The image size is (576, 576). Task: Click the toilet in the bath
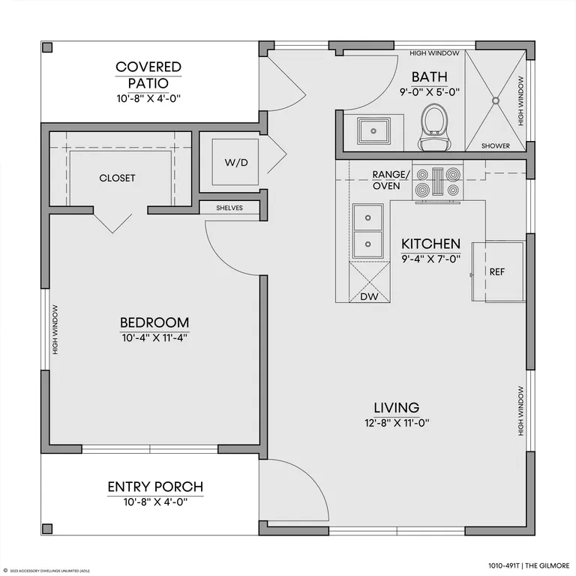click(x=435, y=127)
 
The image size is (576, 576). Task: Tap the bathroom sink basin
click(x=373, y=131)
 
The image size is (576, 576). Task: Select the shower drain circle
click(x=496, y=100)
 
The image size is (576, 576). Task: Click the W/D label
click(x=236, y=162)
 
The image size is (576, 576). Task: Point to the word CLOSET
click(x=117, y=178)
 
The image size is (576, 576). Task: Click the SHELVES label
click(x=229, y=208)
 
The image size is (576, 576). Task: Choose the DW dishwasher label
click(x=369, y=297)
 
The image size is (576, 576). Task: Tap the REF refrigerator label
click(x=497, y=271)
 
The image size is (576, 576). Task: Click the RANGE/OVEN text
click(x=391, y=180)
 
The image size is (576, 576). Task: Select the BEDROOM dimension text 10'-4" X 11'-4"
click(x=154, y=337)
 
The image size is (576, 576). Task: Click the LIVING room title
click(x=396, y=407)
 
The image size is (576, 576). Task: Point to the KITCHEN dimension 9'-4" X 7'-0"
click(x=431, y=259)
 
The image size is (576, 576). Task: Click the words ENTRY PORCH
click(x=155, y=487)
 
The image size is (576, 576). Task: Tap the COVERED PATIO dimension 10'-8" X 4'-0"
click(x=148, y=98)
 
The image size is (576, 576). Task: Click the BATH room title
click(x=430, y=76)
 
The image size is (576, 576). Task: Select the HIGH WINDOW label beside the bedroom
click(x=55, y=329)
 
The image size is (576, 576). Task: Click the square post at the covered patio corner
click(x=47, y=47)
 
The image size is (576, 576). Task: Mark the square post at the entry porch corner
click(x=47, y=529)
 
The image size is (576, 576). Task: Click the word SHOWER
click(x=496, y=145)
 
